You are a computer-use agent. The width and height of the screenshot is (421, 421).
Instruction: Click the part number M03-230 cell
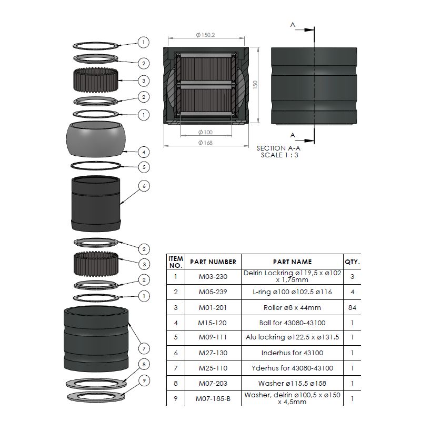tap(213, 277)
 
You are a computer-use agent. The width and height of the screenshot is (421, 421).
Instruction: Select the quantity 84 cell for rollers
tap(352, 307)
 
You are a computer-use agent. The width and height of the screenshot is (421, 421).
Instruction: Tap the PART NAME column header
tap(293, 262)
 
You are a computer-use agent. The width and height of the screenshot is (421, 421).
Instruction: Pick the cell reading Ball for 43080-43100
tap(293, 323)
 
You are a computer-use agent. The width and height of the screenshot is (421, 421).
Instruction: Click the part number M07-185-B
tap(213, 399)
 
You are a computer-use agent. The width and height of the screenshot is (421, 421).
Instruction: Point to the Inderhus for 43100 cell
tap(293, 353)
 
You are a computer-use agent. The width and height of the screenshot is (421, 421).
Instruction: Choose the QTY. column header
tap(352, 262)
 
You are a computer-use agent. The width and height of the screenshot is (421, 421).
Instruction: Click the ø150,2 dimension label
tap(205, 35)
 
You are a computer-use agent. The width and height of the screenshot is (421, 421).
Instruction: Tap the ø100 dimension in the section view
tap(205, 132)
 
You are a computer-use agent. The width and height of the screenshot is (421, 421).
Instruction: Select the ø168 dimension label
tap(205, 143)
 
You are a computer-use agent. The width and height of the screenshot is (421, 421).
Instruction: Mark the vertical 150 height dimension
tap(255, 85)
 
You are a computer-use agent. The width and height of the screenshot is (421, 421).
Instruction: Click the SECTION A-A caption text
tap(278, 148)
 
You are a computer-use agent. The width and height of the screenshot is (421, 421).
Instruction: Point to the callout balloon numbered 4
tap(144, 152)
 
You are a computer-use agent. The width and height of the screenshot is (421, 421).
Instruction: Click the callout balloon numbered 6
tap(144, 186)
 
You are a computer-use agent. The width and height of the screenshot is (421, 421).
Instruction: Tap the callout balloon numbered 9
tap(144, 380)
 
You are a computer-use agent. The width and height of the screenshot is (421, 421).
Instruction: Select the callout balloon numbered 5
tap(144, 167)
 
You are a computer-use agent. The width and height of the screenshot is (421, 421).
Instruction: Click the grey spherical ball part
tap(96, 139)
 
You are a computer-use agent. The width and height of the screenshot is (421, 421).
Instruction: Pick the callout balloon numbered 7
tap(144, 348)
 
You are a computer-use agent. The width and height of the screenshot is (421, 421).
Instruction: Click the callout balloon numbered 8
tap(144, 364)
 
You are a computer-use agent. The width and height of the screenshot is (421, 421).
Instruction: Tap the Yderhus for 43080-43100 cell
tap(293, 368)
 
